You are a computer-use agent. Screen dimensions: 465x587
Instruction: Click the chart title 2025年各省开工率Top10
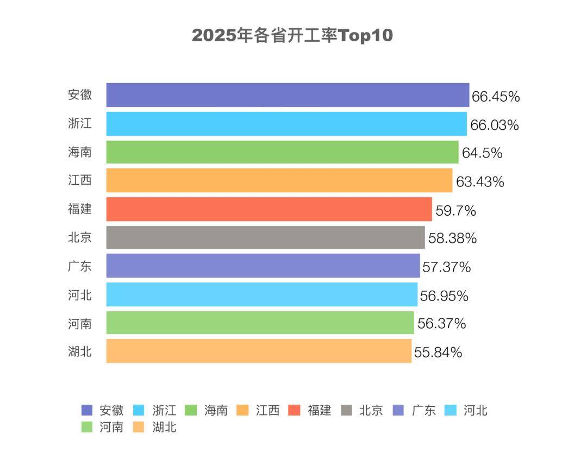coord(292,36)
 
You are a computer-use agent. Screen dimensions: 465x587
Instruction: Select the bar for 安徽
coord(288,95)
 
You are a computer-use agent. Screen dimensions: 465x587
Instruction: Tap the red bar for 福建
coord(269,209)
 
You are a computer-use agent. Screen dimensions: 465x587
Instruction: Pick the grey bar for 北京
coord(265,237)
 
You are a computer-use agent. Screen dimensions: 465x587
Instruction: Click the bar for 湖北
coord(259,351)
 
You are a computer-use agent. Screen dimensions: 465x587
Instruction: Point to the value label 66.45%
coord(496,97)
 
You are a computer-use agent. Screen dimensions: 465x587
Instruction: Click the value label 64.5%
coord(482,153)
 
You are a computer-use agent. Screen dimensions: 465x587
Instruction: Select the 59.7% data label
coord(455,210)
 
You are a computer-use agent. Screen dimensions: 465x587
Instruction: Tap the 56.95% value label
coord(444,296)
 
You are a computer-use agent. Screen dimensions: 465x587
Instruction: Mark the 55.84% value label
coord(438,353)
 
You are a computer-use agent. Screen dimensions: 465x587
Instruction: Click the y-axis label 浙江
coord(80,123)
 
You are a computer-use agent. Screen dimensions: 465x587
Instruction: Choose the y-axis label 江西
coord(80,180)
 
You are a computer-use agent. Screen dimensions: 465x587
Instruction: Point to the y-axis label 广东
coord(80,266)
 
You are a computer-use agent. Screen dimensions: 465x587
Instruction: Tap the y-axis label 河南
coord(80,324)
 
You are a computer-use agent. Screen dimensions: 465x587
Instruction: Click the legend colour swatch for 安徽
coord(87,410)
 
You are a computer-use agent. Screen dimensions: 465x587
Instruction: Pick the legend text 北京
coord(371,410)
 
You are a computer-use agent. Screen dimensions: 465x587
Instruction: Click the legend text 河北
coord(476,410)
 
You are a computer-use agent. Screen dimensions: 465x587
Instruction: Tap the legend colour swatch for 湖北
coord(139,427)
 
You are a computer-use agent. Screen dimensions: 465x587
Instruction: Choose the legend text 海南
coord(216,410)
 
